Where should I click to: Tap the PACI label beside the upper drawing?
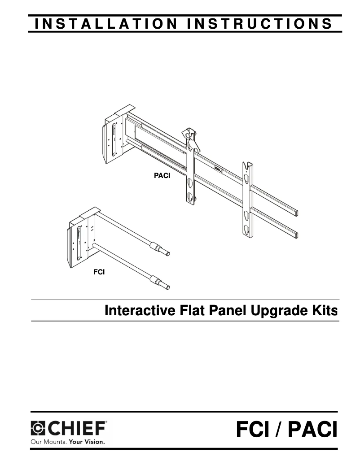point(162,176)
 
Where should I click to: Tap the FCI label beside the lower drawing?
point(99,272)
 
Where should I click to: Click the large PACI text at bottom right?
point(312,430)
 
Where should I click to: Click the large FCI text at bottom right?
point(253,430)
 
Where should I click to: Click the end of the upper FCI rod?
point(168,253)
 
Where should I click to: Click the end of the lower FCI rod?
point(168,287)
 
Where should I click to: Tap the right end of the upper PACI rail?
point(296,213)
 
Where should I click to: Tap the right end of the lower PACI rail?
point(296,235)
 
